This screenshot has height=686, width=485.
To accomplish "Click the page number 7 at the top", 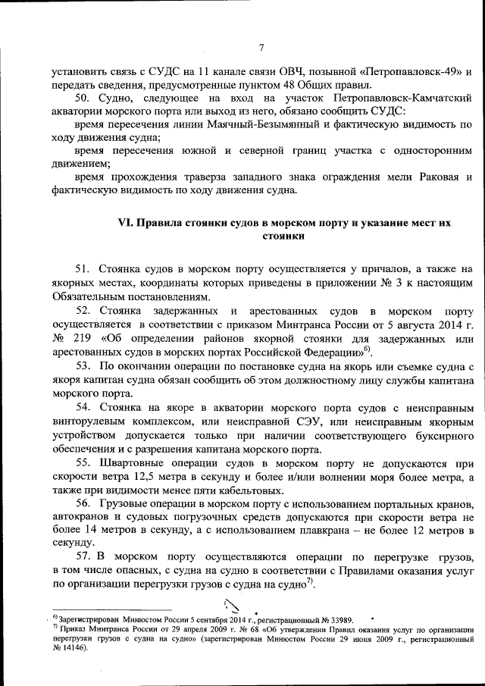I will pyautogui.click(x=260, y=49).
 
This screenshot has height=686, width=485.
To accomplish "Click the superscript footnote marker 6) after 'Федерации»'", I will pyautogui.click(x=368, y=349).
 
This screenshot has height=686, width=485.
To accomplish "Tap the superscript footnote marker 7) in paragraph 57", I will pyautogui.click(x=309, y=581).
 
